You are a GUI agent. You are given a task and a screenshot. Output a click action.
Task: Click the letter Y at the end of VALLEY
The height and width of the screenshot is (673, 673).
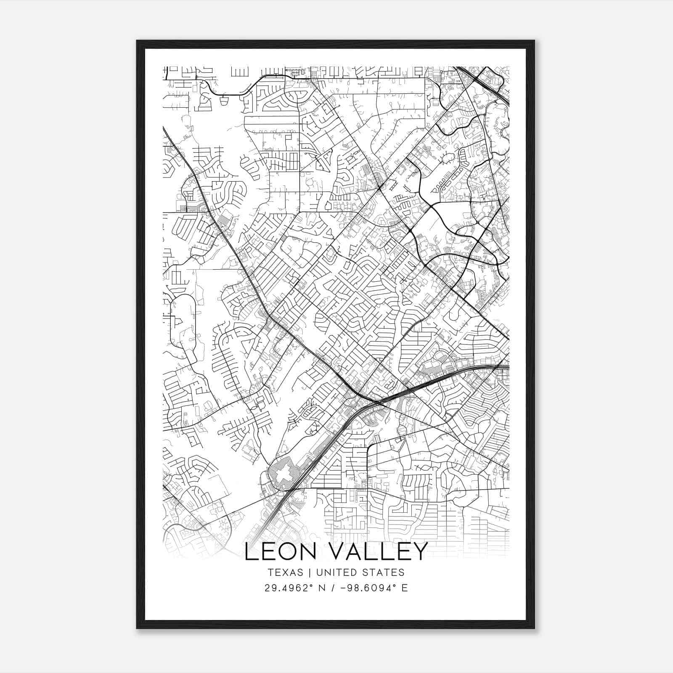click(419, 551)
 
